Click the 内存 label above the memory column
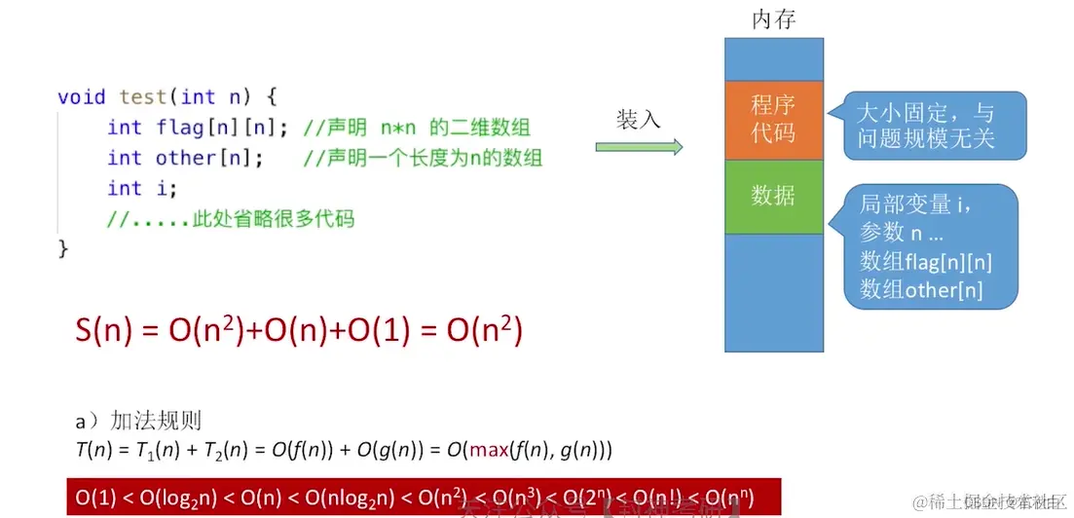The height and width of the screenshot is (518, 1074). (x=774, y=19)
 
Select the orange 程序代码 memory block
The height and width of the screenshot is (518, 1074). (x=773, y=119)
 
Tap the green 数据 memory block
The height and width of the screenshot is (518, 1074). (x=773, y=196)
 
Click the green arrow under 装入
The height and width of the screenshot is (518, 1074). (x=639, y=147)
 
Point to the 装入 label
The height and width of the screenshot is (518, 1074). (x=638, y=120)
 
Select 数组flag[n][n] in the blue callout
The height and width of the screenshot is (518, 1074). (x=925, y=261)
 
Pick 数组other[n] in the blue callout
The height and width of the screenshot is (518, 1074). (x=920, y=289)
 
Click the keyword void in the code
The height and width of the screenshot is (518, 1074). (x=82, y=96)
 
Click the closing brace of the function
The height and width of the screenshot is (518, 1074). (x=64, y=248)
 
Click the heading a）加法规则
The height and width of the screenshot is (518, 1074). (x=138, y=422)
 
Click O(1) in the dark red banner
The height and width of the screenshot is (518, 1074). (x=95, y=499)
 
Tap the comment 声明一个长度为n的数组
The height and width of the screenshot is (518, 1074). (x=423, y=158)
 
